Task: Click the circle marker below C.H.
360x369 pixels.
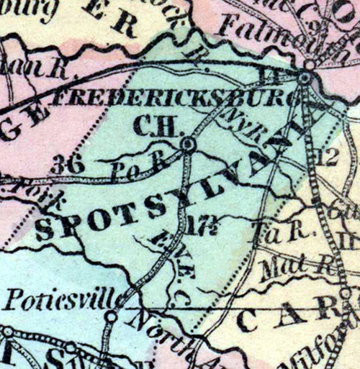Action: click(x=188, y=145)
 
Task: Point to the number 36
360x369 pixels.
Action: click(x=68, y=164)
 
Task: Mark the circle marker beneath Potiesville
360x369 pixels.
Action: click(x=111, y=315)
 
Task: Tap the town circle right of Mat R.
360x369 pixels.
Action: click(x=346, y=293)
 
